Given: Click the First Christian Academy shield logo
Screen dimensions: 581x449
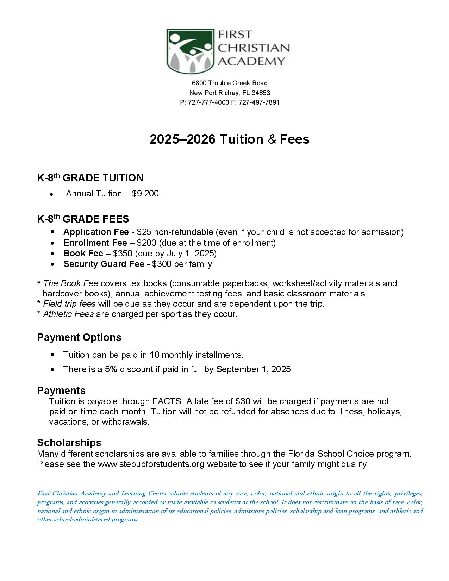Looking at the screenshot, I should [191, 51].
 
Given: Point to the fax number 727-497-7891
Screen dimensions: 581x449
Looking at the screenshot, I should [259, 102].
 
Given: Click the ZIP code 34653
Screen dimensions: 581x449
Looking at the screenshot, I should [261, 93].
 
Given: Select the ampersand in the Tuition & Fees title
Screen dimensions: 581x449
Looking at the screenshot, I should [272, 139].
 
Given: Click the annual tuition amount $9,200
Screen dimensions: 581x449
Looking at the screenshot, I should [145, 194].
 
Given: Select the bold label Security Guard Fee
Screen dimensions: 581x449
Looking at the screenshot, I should [104, 264].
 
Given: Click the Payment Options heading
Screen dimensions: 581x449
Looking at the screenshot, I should [79, 337].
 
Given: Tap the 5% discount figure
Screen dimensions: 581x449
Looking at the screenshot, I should [111, 369].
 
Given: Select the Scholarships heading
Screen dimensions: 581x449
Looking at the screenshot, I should [69, 443].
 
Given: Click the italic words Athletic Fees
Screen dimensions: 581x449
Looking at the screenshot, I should [68, 314].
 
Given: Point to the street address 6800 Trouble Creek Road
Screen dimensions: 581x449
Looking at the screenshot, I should [230, 83].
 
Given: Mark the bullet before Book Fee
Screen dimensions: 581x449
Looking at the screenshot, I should [52, 254].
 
